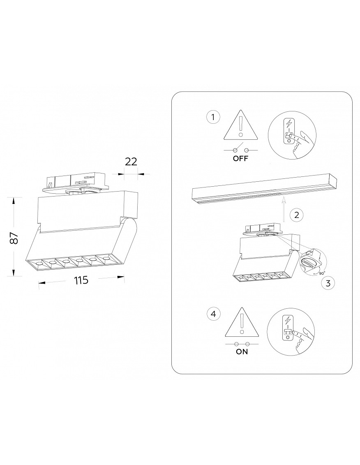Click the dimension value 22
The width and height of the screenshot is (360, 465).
(131, 162)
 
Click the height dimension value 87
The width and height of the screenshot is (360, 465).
(14, 238)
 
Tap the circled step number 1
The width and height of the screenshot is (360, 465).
(213, 118)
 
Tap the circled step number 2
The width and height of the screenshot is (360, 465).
(297, 215)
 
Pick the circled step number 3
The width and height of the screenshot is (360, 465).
(328, 282)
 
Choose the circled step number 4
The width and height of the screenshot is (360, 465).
(214, 314)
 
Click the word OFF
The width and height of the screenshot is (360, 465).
(240, 158)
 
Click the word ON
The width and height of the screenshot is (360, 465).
(242, 352)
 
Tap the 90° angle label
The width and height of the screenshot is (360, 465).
(322, 273)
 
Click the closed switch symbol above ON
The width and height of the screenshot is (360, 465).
(242, 344)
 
